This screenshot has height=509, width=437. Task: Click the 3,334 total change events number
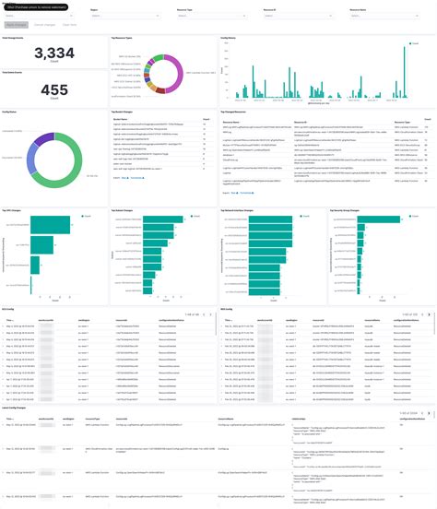[x=53, y=54]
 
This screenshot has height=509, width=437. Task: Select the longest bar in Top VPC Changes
[x=52, y=225]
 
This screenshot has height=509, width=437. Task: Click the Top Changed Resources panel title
[x=237, y=112]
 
